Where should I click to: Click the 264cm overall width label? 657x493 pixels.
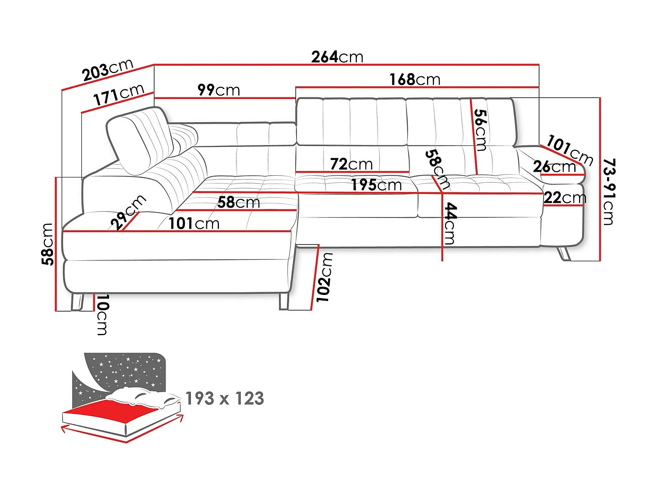pos(337,57)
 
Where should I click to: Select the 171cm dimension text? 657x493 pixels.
pos(118,95)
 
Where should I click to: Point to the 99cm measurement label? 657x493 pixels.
pos(219,90)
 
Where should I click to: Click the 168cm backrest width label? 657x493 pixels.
pos(415,80)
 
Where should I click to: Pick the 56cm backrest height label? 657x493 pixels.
pos(480,130)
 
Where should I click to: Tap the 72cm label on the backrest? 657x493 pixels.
pos(351,164)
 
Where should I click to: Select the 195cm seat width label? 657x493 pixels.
pos(376,185)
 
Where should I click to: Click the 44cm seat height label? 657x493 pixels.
pos(450,223)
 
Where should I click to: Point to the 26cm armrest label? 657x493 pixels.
pos(554,167)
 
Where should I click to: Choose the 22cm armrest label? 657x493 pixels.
pos(565,198)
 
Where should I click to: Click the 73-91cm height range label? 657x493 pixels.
pos(609,192)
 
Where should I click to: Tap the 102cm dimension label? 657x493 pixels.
pos(325,277)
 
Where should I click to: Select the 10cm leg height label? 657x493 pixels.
pos(102,315)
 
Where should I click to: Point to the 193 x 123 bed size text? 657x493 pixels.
pos(225,399)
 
